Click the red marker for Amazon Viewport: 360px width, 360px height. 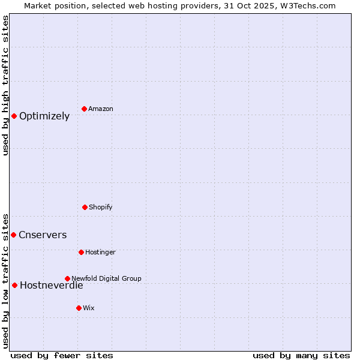pyautogui.click(x=84, y=109)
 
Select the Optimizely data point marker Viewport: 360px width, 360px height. pyautogui.click(x=14, y=116)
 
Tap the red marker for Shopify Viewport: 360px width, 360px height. pyautogui.click(x=85, y=207)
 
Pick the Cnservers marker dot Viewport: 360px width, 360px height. pyautogui.click(x=13, y=235)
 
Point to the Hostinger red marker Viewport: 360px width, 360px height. pyautogui.click(x=81, y=252)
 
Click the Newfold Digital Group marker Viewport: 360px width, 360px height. pyautogui.click(x=67, y=278)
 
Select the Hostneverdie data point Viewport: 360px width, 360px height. pyautogui.click(x=14, y=285)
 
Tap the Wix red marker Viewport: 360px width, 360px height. pyautogui.click(x=79, y=308)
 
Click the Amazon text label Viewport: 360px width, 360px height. pyautogui.click(x=101, y=109)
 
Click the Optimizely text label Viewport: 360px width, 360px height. pyautogui.click(x=44, y=116)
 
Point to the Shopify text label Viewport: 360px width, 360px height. pyautogui.click(x=101, y=207)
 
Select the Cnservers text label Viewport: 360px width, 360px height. pyautogui.click(x=43, y=235)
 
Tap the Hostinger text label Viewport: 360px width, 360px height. pyautogui.click(x=100, y=252)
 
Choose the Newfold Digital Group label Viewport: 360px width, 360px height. pyautogui.click(x=106, y=278)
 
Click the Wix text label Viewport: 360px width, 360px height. pyautogui.click(x=89, y=308)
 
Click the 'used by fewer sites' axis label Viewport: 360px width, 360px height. pyautogui.click(x=62, y=355)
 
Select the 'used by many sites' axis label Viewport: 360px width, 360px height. pyautogui.click(x=301, y=355)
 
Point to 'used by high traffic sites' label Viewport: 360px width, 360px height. pyautogui.click(x=5, y=86)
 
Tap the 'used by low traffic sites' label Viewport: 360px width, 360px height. pyautogui.click(x=5, y=280)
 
